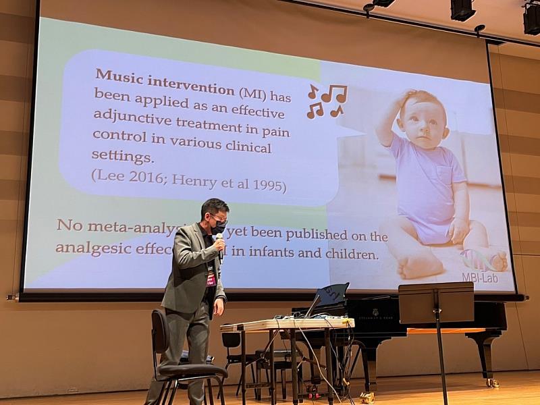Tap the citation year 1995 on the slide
[x=269, y=185]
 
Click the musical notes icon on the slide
[x=327, y=101]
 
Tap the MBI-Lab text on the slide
[x=480, y=277]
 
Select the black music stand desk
[x=435, y=303]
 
